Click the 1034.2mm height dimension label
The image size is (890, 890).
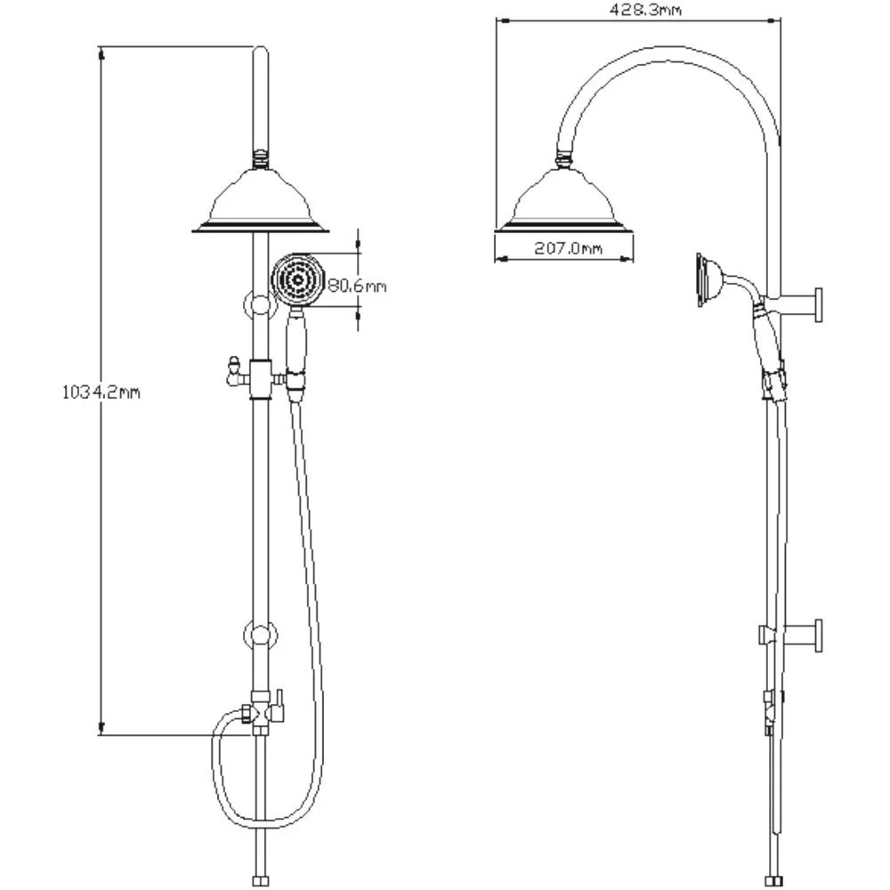(x=101, y=392)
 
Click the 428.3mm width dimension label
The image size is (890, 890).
(x=645, y=10)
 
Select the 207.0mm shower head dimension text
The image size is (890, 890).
(x=568, y=248)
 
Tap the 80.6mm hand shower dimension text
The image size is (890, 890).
(x=357, y=285)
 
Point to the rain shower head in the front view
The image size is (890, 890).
(x=261, y=200)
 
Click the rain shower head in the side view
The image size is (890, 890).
(x=563, y=200)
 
